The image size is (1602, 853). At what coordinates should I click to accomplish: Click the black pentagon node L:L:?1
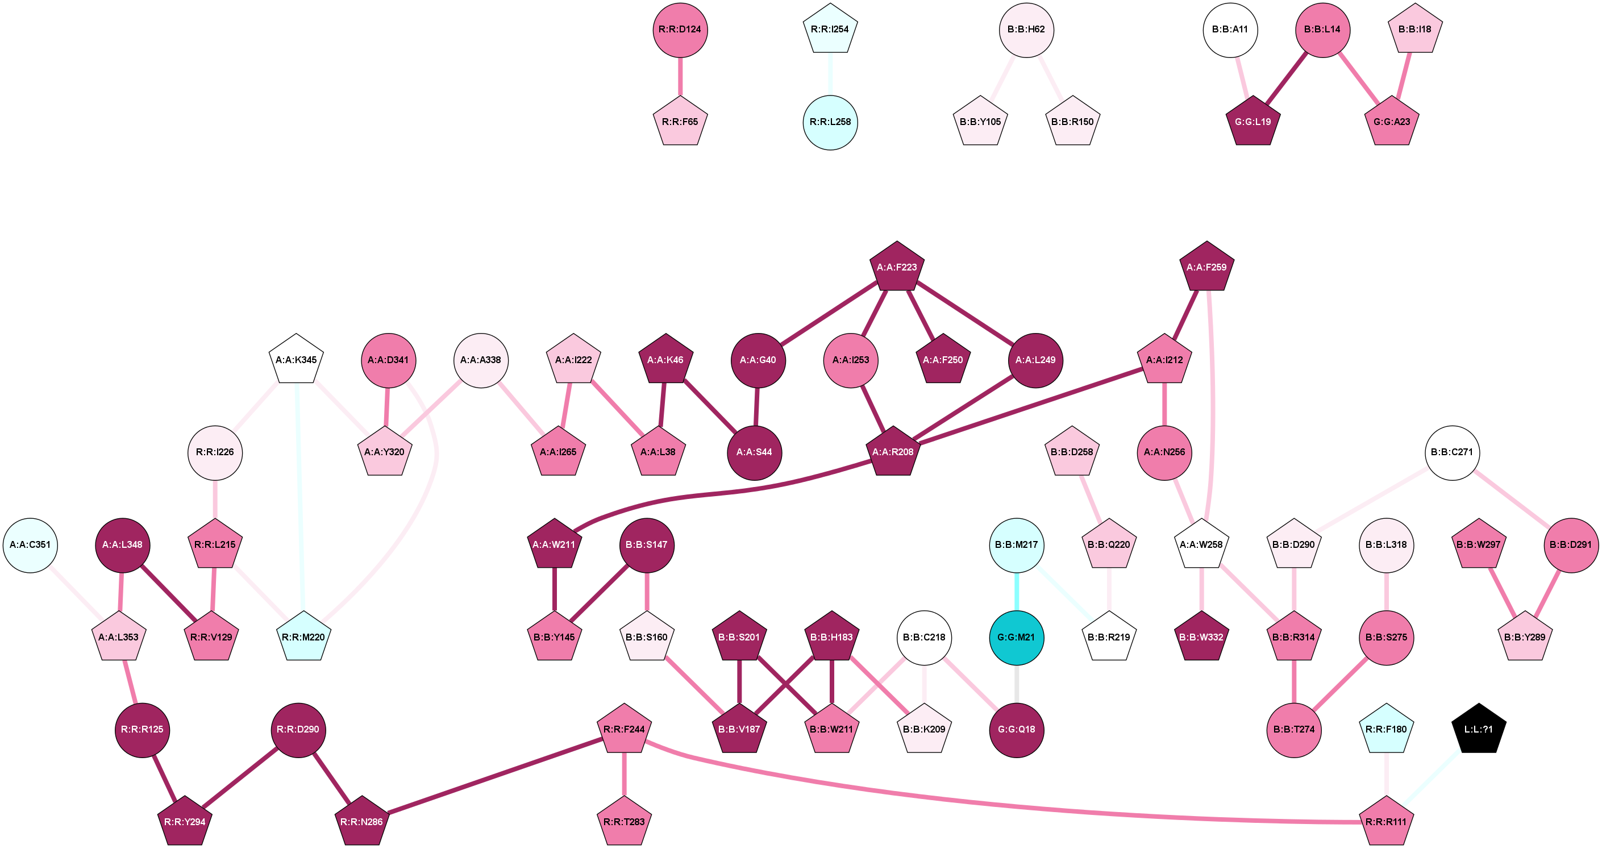pyautogui.click(x=1478, y=729)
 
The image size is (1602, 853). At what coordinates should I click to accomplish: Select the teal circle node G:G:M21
pyautogui.click(x=1016, y=637)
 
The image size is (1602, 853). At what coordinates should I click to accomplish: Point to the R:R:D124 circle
pyautogui.click(x=680, y=30)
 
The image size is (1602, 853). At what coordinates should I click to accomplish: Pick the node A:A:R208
pyautogui.click(x=892, y=452)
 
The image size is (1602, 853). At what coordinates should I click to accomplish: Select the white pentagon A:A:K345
pyautogui.click(x=296, y=360)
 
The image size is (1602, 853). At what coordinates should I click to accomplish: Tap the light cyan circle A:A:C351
pyautogui.click(x=31, y=544)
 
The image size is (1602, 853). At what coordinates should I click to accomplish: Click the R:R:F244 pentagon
pyautogui.click(x=624, y=729)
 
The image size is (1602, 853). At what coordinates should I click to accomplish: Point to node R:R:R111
pyautogui.click(x=1385, y=822)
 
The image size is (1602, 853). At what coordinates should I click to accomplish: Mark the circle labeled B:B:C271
pyautogui.click(x=1451, y=452)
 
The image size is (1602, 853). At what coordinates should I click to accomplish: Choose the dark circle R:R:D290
pyautogui.click(x=298, y=729)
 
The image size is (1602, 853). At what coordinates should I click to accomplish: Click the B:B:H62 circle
pyautogui.click(x=1026, y=30)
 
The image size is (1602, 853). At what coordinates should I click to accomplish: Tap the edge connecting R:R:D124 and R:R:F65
pyautogui.click(x=680, y=76)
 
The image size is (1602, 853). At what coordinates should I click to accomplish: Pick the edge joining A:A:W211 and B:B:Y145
pyautogui.click(x=554, y=590)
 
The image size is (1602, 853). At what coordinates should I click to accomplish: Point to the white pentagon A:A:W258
pyautogui.click(x=1201, y=544)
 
